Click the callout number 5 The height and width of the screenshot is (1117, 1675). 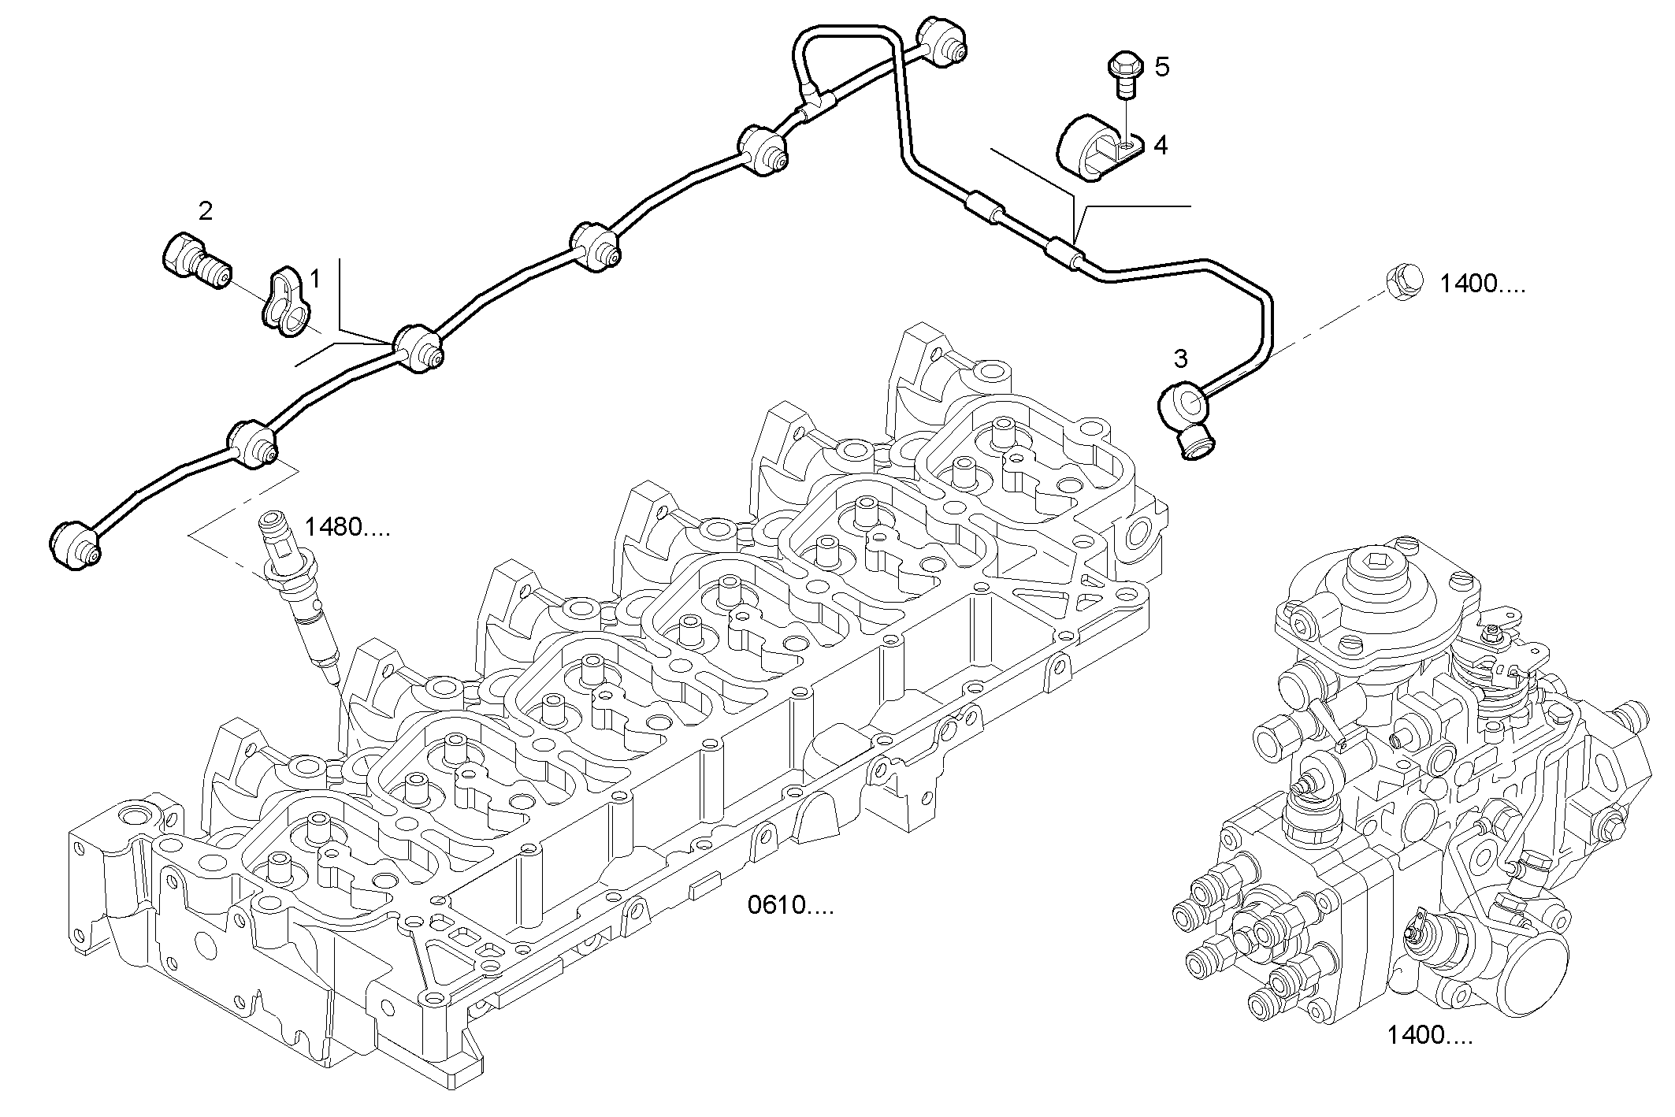1162,67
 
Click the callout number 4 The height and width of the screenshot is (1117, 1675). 1160,146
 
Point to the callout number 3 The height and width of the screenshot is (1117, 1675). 1180,359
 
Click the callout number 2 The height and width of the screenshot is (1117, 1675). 205,211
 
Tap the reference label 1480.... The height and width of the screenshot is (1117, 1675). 347,527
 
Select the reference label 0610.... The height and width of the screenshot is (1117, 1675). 789,906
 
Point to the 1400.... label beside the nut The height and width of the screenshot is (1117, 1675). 1483,284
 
